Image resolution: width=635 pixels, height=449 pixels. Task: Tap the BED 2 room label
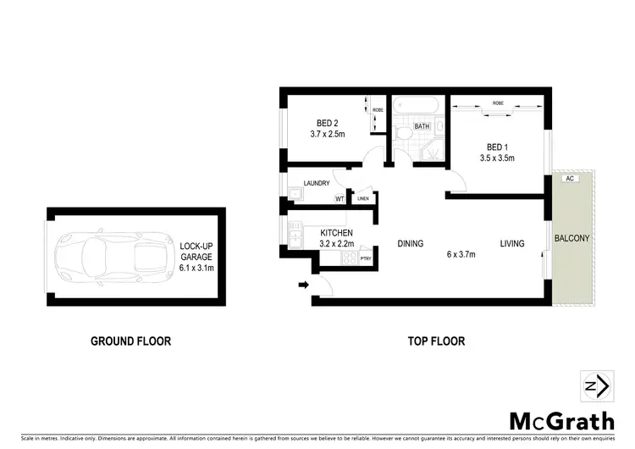click(323, 123)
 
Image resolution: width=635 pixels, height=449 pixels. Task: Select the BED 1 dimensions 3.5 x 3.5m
click(497, 158)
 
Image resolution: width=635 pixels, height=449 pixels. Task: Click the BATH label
click(422, 127)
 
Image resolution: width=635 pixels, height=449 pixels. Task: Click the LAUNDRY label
click(316, 183)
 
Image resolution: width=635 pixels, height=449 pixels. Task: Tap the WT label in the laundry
click(340, 199)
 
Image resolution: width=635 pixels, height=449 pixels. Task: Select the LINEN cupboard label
click(362, 199)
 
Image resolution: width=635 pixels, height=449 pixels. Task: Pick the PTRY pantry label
click(366, 258)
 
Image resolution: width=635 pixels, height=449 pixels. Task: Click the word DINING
click(410, 244)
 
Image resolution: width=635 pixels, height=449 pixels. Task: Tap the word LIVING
click(511, 244)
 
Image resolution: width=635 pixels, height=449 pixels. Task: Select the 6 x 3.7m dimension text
click(461, 254)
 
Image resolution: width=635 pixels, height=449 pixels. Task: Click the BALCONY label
click(571, 239)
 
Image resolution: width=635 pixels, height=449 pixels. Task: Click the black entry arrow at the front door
click(303, 285)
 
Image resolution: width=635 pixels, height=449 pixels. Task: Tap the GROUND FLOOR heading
click(130, 341)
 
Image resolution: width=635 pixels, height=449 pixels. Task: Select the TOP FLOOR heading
click(436, 341)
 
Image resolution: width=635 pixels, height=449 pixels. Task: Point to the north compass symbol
click(596, 386)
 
